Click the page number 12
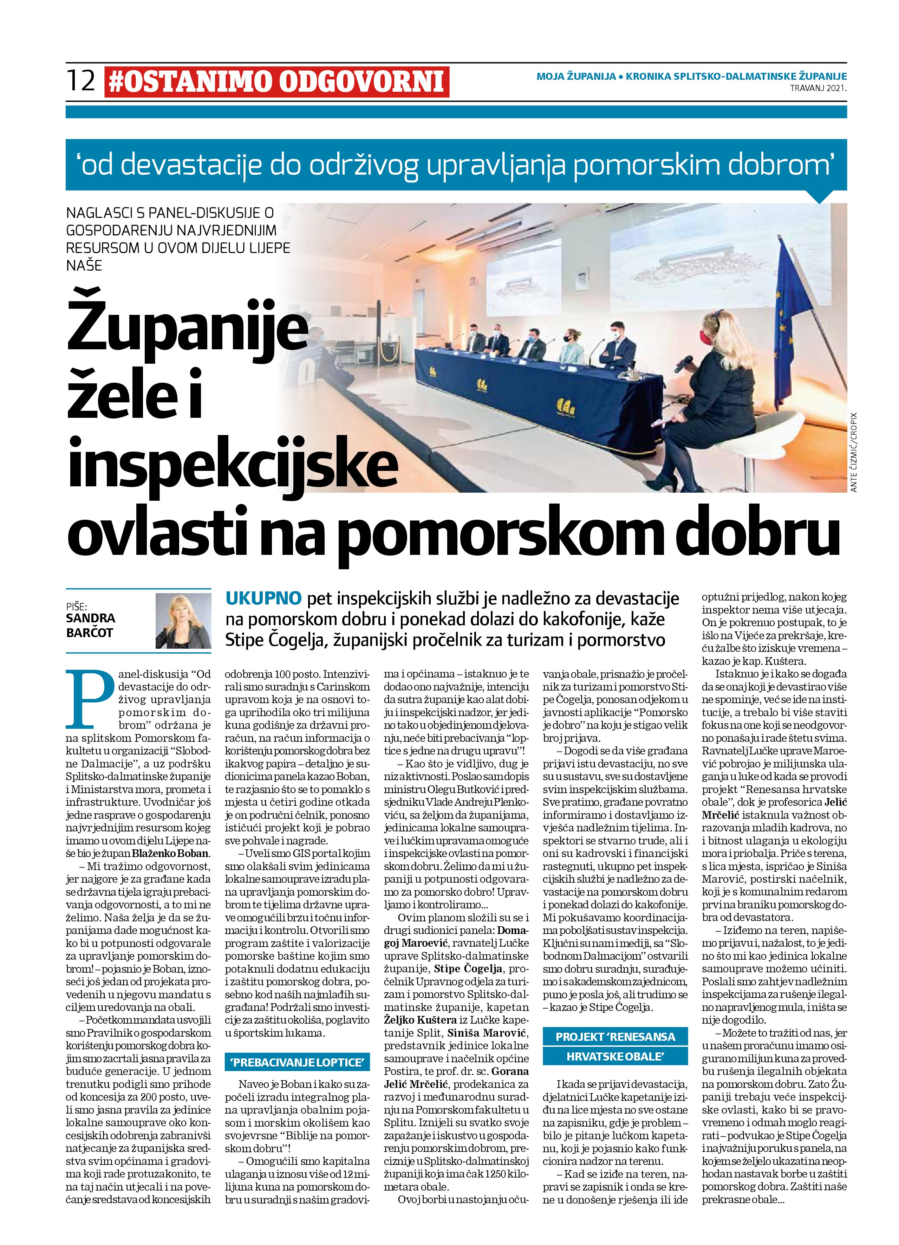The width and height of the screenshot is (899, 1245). pyautogui.click(x=81, y=81)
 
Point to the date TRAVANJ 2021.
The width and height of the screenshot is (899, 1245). pyautogui.click(x=818, y=88)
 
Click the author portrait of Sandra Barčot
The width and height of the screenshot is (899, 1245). pyautogui.click(x=183, y=620)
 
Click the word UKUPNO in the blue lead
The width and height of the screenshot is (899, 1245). pyautogui.click(x=263, y=598)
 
